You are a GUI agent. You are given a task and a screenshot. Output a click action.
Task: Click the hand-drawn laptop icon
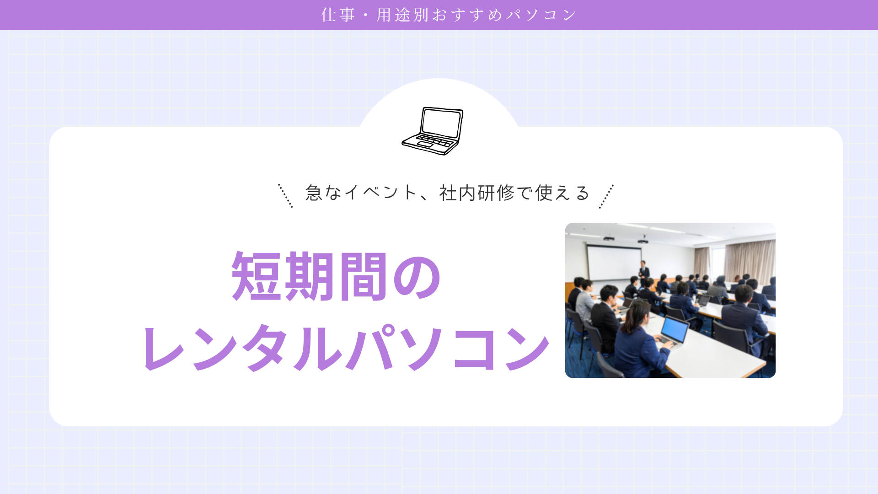(x=433, y=131)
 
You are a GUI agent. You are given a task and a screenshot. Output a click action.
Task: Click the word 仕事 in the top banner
(x=338, y=15)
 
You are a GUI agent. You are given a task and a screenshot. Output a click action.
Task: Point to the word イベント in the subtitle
(x=380, y=193)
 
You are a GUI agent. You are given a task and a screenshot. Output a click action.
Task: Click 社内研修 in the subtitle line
(x=476, y=193)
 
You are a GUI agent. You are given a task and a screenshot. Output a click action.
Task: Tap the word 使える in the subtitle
(x=562, y=193)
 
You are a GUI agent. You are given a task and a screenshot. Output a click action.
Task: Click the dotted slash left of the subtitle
(x=285, y=196)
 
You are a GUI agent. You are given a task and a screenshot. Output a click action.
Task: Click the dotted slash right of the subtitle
(x=606, y=196)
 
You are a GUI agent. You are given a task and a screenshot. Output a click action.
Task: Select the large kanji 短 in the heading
(x=257, y=276)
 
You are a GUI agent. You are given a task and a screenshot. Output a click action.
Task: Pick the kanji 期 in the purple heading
(x=310, y=276)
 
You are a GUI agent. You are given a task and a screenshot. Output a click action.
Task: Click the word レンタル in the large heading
(x=243, y=348)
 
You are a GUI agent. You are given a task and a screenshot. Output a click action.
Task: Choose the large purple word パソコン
(x=448, y=348)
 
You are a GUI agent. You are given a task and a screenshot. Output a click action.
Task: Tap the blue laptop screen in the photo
(x=675, y=329)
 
